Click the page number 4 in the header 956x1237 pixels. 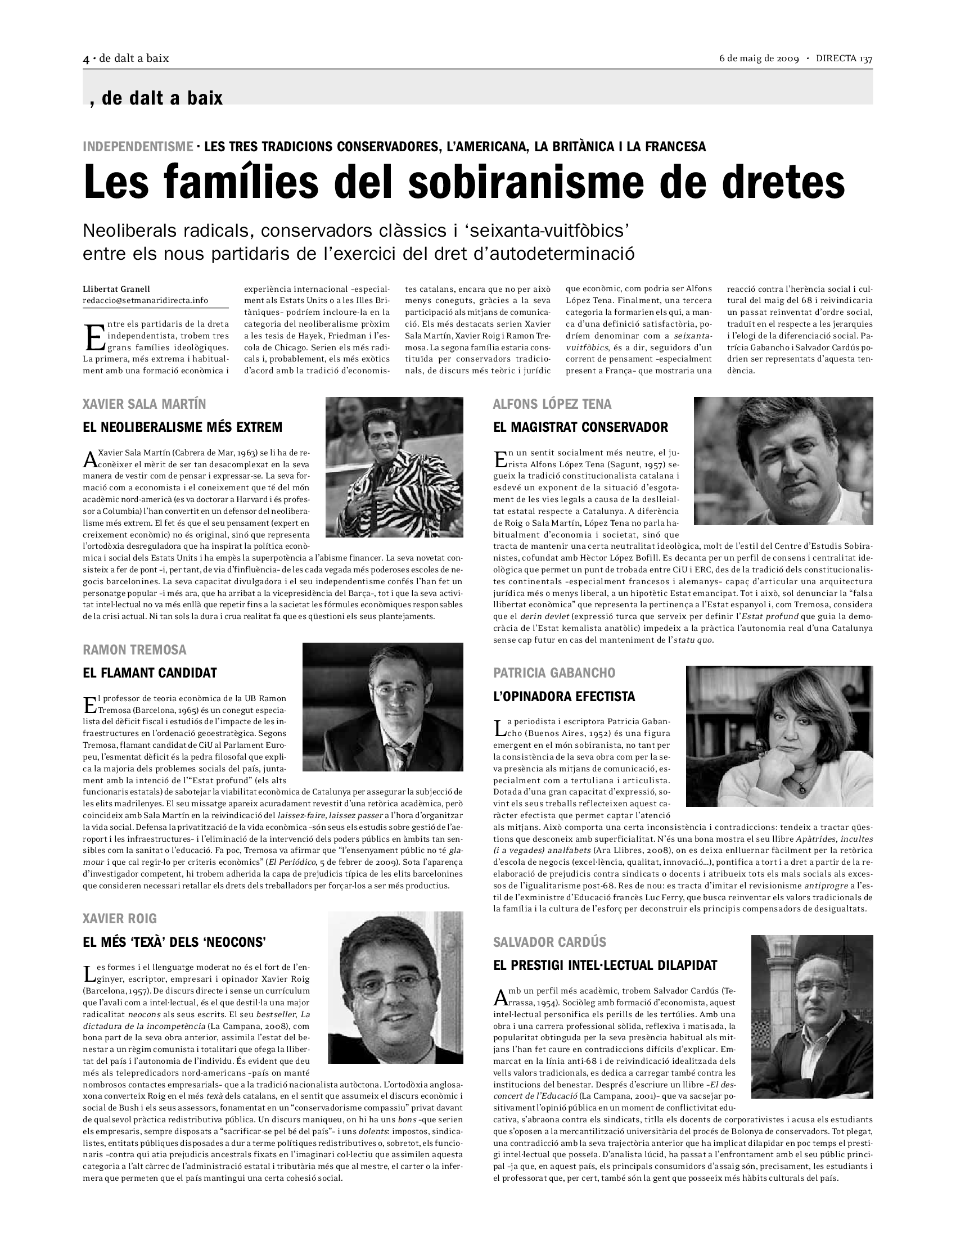point(86,58)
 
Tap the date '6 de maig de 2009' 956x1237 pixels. point(759,58)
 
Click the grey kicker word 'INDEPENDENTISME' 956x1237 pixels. point(138,147)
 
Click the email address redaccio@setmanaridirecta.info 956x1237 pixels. point(145,300)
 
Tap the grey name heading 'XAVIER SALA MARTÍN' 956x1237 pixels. point(144,404)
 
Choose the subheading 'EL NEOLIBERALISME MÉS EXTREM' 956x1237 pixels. point(182,427)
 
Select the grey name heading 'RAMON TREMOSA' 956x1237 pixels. point(134,649)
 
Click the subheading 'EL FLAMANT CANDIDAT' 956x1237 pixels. point(150,673)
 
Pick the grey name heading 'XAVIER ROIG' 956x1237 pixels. point(119,919)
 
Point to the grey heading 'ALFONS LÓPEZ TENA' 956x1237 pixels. point(552,404)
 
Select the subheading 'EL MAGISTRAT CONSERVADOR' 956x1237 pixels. point(580,427)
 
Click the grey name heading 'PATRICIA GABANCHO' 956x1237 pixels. point(554,673)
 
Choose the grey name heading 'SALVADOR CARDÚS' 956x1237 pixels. point(549,942)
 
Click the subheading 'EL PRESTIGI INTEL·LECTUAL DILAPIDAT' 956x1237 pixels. point(605,965)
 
